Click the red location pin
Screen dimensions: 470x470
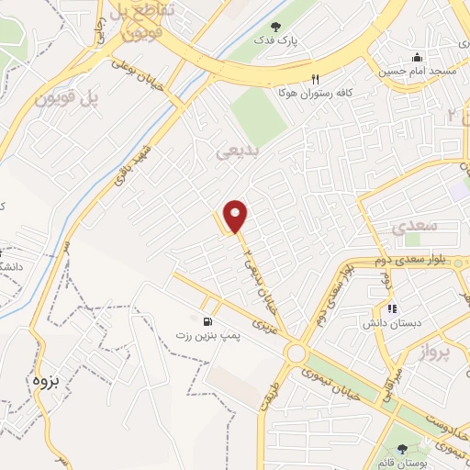(236, 216)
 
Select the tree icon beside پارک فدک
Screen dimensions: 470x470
(278, 27)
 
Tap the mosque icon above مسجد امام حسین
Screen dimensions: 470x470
(417, 55)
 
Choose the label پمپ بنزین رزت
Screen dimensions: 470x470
(208, 336)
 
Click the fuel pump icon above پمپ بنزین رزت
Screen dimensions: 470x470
(209, 321)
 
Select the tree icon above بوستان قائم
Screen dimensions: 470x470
(402, 449)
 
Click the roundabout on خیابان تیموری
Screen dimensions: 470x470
(296, 353)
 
